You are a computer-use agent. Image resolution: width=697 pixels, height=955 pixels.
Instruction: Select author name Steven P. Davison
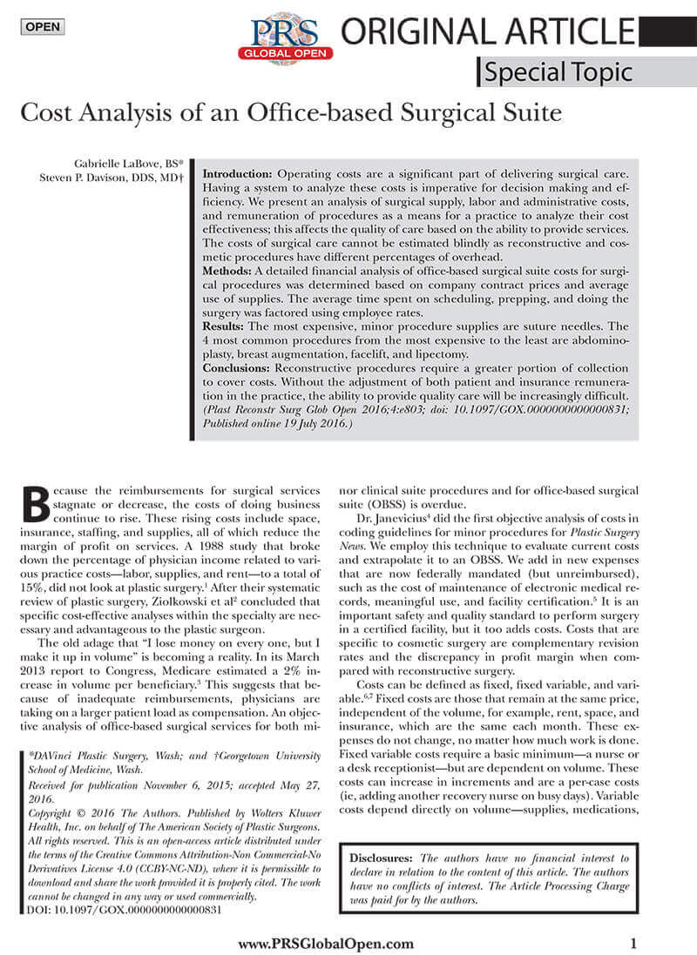(x=102, y=178)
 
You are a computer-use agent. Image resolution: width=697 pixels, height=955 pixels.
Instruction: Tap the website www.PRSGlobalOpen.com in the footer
(x=325, y=944)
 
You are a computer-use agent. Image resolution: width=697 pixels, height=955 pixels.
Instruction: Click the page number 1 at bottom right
(x=633, y=943)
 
